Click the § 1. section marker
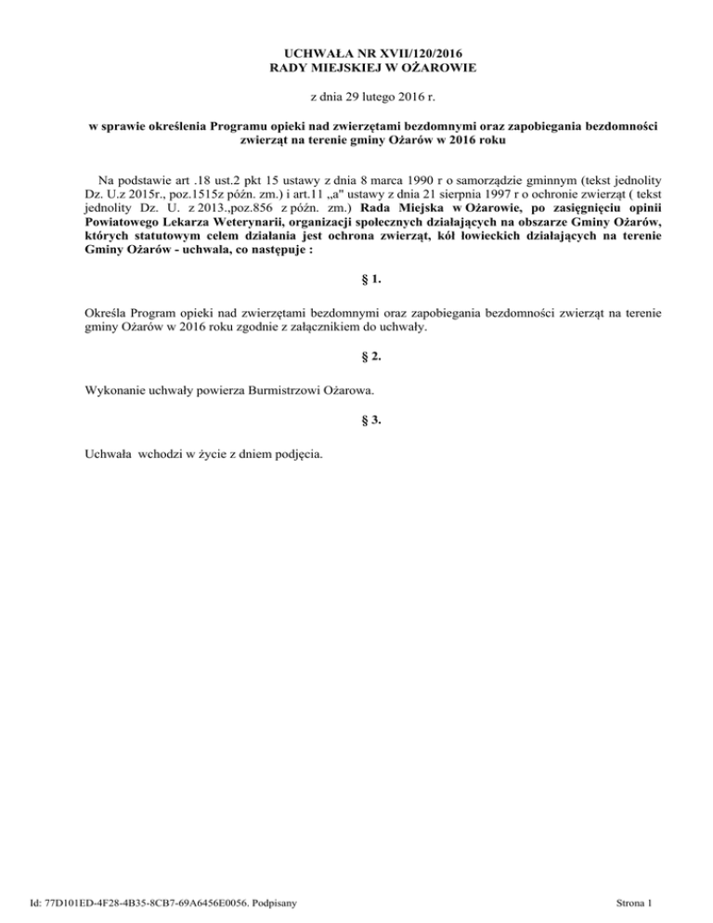coord(356,303)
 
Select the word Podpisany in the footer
coord(286,903)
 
